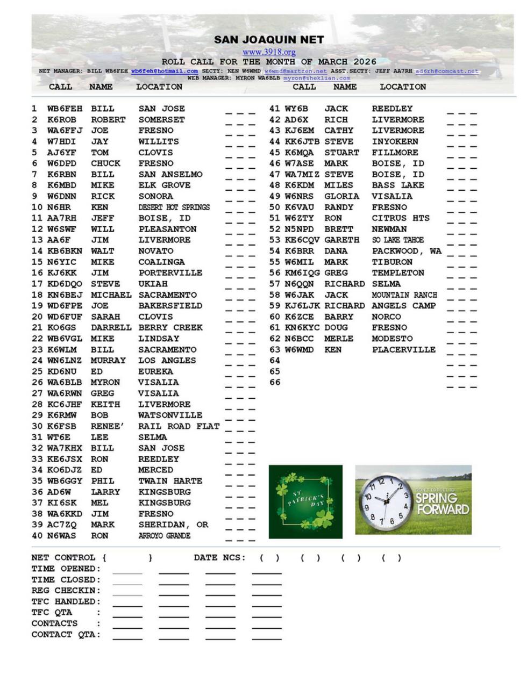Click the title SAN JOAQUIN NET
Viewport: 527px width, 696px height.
[x=269, y=40]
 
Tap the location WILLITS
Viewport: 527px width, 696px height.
[x=159, y=141]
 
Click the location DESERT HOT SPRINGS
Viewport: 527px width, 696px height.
[x=174, y=207]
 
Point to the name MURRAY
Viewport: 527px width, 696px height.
[x=108, y=361]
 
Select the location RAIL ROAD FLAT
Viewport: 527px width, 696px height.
[x=179, y=426]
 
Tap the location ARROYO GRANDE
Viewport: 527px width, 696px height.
[x=164, y=536]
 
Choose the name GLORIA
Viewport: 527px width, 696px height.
[x=341, y=196]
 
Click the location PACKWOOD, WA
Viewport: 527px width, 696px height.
[x=407, y=251]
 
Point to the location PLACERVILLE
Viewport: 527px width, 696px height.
[x=404, y=350]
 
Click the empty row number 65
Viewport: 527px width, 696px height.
[x=275, y=371]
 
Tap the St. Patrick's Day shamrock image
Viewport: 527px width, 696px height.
[x=305, y=501]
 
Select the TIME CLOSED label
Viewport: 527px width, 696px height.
[x=66, y=580]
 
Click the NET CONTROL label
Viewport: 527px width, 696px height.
[x=63, y=558]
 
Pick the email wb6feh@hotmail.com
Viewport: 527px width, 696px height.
[x=164, y=71]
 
